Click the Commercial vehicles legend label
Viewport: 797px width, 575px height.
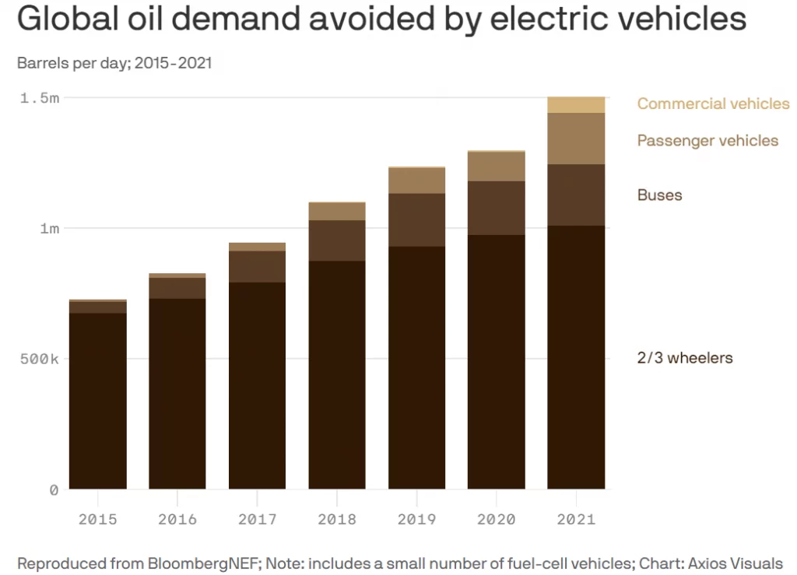[x=713, y=103]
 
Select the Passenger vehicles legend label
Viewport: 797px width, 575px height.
[x=707, y=141]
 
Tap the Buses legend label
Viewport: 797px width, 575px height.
[x=659, y=195]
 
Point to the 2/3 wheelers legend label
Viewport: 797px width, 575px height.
[x=685, y=358]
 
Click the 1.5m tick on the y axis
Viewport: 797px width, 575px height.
[x=39, y=98]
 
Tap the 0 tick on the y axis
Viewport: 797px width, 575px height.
[x=54, y=490]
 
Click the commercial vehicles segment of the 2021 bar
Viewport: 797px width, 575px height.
[x=576, y=105]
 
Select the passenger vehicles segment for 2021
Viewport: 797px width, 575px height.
[x=576, y=138]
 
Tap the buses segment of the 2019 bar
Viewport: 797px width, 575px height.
[x=416, y=220]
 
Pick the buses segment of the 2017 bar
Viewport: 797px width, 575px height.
[x=257, y=267]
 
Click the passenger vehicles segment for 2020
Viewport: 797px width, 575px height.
[x=497, y=167]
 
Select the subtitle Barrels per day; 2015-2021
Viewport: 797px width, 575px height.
[x=114, y=63]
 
